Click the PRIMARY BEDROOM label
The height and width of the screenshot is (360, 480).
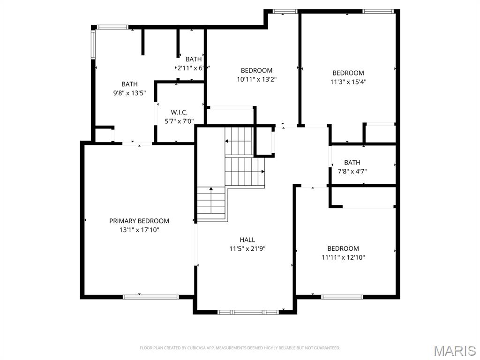pos(139,221)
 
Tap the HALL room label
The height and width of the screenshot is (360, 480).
pos(247,240)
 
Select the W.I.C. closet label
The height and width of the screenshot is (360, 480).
pos(179,112)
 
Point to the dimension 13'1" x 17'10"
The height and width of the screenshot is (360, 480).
pos(139,230)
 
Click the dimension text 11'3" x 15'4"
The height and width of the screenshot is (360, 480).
pos(348,82)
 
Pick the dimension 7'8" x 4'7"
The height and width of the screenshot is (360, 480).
pos(352,172)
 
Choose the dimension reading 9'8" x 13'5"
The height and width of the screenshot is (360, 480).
pos(129,93)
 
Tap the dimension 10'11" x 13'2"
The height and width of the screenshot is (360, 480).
pos(256,79)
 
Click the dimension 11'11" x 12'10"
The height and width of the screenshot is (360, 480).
pos(343,257)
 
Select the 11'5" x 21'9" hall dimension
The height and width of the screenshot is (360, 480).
pos(247,248)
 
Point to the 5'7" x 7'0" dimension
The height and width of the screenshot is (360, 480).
pos(179,121)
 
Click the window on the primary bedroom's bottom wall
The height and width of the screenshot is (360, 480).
pos(150,297)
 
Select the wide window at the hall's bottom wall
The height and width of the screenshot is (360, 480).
pos(248,312)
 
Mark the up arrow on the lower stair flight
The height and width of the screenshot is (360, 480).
pos(211,189)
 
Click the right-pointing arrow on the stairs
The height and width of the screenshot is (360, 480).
pos(262,172)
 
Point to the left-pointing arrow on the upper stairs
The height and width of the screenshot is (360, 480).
pos(227,141)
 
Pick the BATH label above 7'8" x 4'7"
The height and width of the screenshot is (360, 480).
pos(352,163)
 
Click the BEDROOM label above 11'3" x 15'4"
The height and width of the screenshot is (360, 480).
pos(348,73)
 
